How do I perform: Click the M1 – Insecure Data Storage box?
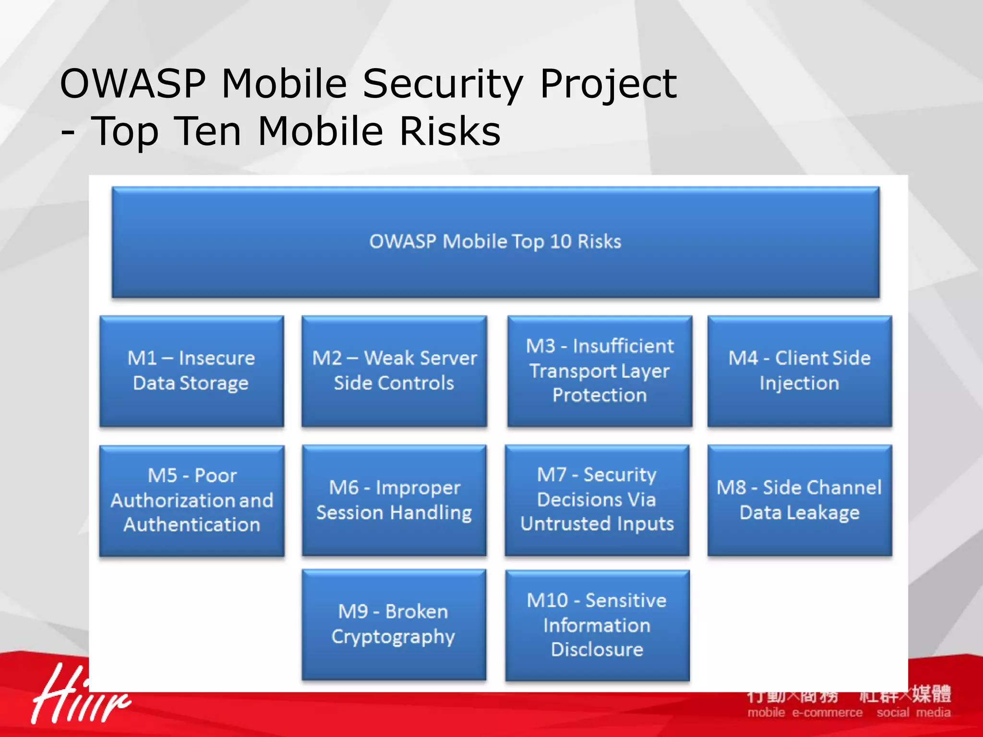point(192,371)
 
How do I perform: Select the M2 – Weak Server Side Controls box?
point(394,371)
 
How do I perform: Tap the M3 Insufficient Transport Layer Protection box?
point(599,371)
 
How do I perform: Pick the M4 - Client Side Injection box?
point(800,371)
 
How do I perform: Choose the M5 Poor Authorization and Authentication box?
point(192,500)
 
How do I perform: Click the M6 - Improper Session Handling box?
point(394,500)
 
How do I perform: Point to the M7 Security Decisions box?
point(597,500)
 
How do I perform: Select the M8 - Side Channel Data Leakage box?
point(800,500)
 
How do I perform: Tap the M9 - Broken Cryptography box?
point(394,624)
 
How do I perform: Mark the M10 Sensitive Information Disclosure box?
point(597,625)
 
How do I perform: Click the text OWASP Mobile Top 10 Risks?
point(495,241)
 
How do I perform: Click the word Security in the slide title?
point(442,84)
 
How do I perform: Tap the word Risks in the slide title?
point(450,131)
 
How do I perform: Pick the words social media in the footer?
point(913,713)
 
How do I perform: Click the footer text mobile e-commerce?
point(804,713)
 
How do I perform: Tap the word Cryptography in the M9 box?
point(393,637)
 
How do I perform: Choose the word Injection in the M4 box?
point(800,383)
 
